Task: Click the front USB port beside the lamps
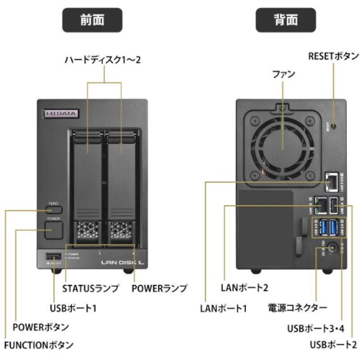pyautogui.click(x=50, y=257)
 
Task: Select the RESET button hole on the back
pyautogui.click(x=333, y=126)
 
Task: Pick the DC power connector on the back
pyautogui.click(x=333, y=247)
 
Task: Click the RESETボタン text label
pyautogui.click(x=333, y=56)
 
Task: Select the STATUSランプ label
pyautogui.click(x=90, y=288)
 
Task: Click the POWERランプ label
pyautogui.click(x=159, y=288)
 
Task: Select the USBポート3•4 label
pyautogui.click(x=315, y=328)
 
